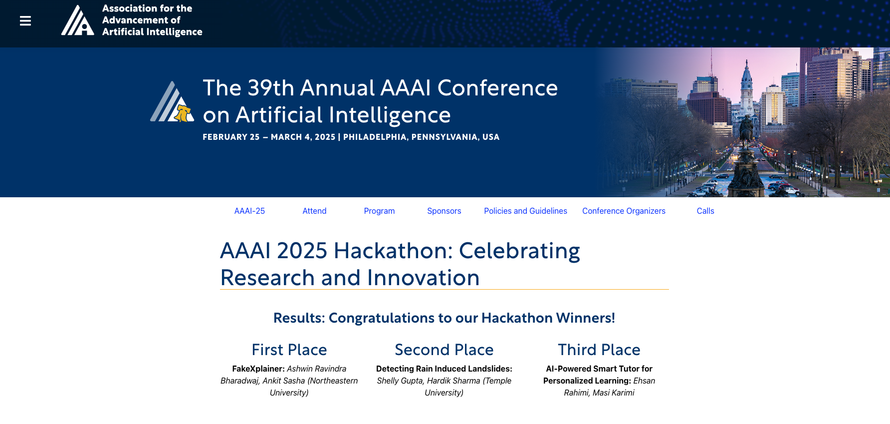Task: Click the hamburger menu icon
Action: [x=25, y=21]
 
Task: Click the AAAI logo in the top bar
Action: [x=77, y=20]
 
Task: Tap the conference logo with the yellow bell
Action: [x=173, y=102]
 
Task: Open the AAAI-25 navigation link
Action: [x=249, y=211]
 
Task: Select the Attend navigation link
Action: [x=314, y=211]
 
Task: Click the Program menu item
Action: [x=379, y=211]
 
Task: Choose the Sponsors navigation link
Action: [x=444, y=211]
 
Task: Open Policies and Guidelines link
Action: [x=525, y=211]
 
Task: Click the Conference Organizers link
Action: [x=624, y=211]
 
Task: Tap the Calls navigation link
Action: [x=705, y=211]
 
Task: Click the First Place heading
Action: [x=289, y=350]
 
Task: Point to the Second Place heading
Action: [x=444, y=350]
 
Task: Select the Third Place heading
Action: [x=599, y=350]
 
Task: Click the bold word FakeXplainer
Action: [x=258, y=369]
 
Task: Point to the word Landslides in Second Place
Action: [x=491, y=369]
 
